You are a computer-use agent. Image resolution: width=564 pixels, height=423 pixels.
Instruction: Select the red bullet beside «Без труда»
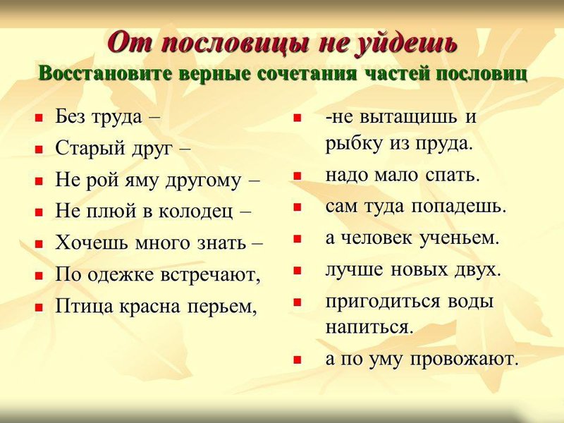click(x=39, y=118)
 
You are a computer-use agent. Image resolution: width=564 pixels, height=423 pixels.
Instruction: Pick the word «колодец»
click(x=195, y=211)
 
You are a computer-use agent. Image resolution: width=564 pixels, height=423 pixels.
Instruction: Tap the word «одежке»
click(x=121, y=275)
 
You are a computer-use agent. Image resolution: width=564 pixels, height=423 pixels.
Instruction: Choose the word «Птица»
click(x=85, y=307)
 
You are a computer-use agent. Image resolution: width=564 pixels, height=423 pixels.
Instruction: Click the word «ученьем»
click(x=460, y=238)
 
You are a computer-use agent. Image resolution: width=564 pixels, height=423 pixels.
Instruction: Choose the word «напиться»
click(x=369, y=328)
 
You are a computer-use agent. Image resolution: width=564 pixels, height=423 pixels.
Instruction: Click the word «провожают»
click(x=465, y=359)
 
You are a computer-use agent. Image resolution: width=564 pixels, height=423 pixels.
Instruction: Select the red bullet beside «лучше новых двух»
click(x=297, y=271)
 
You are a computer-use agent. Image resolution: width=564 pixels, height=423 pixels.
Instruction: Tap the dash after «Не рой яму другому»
click(x=254, y=181)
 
